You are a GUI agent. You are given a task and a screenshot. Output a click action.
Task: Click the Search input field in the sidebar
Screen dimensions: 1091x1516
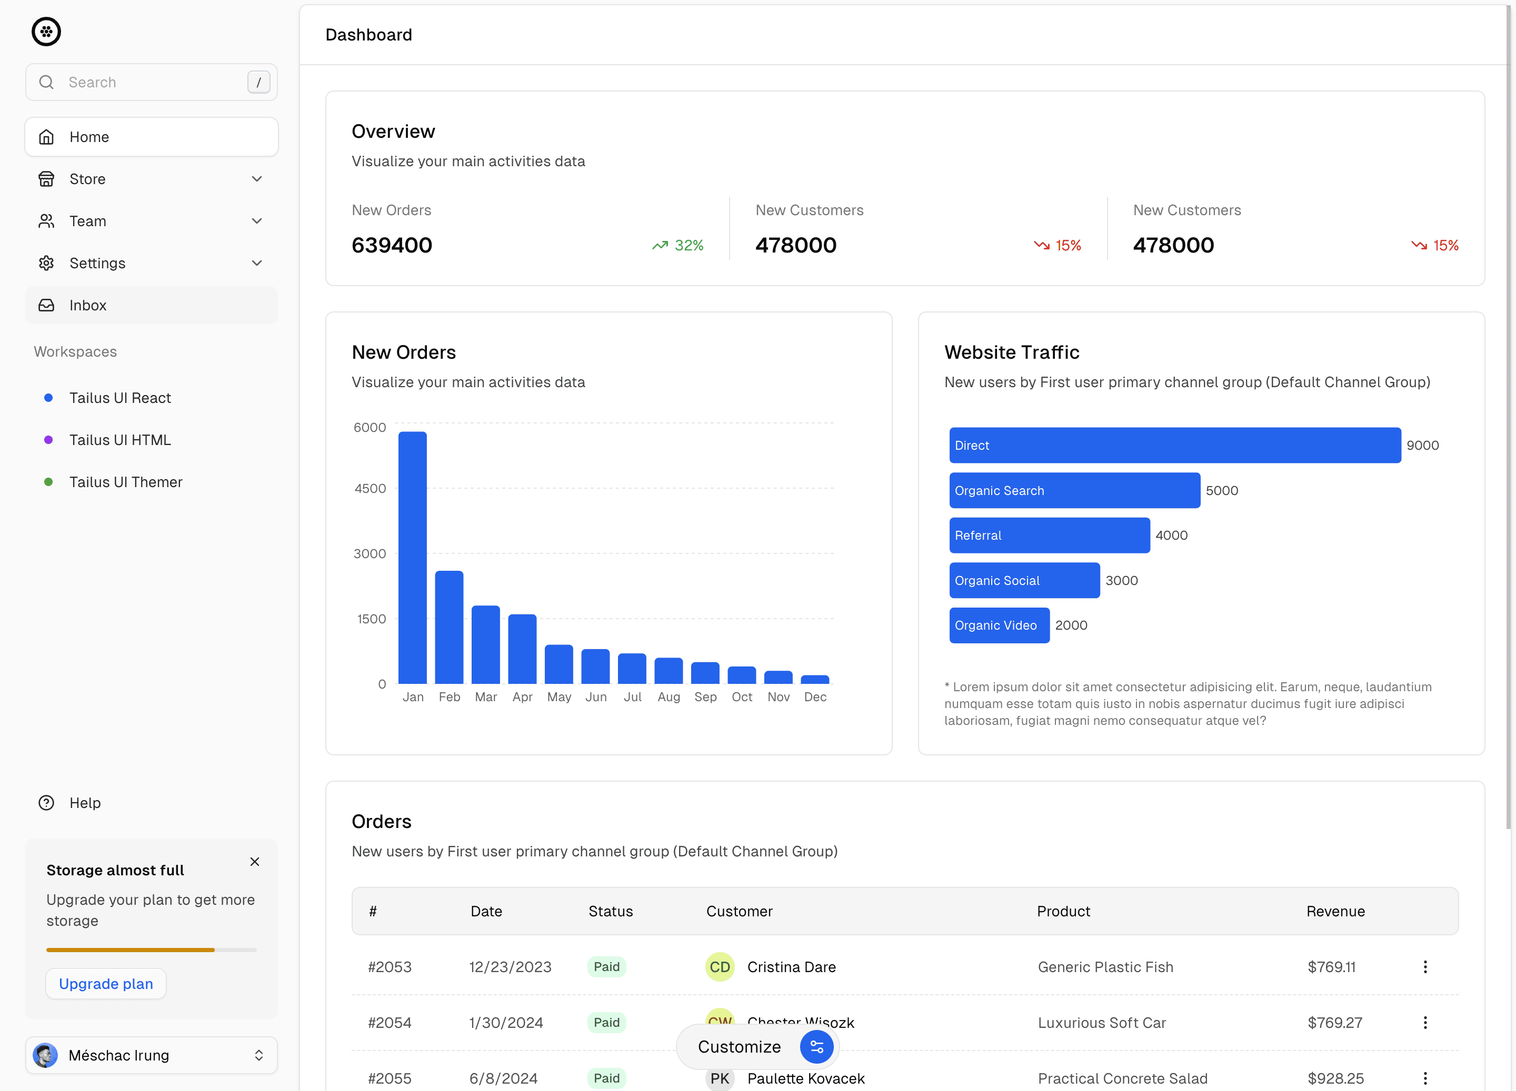click(x=151, y=82)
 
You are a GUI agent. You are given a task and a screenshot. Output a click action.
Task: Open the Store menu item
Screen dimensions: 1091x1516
click(x=87, y=179)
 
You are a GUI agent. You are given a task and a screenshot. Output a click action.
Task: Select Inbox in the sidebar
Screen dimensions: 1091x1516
click(x=87, y=305)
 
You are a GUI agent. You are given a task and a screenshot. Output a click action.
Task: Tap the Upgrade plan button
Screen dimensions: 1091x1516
click(x=106, y=984)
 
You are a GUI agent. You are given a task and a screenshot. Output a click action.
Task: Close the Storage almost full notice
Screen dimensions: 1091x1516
click(x=255, y=862)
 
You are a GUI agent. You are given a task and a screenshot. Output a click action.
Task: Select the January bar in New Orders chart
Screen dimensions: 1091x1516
click(x=412, y=558)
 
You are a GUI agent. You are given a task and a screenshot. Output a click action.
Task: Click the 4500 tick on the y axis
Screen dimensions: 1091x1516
click(x=370, y=488)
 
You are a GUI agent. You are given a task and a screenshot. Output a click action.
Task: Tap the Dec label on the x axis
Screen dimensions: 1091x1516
click(x=815, y=697)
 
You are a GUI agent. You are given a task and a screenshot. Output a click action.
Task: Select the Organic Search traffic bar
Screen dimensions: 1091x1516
click(x=1074, y=490)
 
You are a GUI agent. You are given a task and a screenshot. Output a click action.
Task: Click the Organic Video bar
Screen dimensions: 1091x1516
click(x=999, y=625)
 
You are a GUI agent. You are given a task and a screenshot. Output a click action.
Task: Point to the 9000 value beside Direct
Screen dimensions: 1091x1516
click(x=1422, y=446)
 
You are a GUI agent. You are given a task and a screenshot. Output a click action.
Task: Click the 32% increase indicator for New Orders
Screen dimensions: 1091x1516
click(x=678, y=246)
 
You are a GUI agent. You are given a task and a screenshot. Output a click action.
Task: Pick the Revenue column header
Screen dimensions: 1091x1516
click(x=1335, y=911)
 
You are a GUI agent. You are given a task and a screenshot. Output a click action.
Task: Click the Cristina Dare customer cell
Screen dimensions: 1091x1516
click(x=791, y=967)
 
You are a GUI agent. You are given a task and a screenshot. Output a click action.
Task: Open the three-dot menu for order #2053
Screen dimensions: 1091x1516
click(x=1425, y=967)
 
